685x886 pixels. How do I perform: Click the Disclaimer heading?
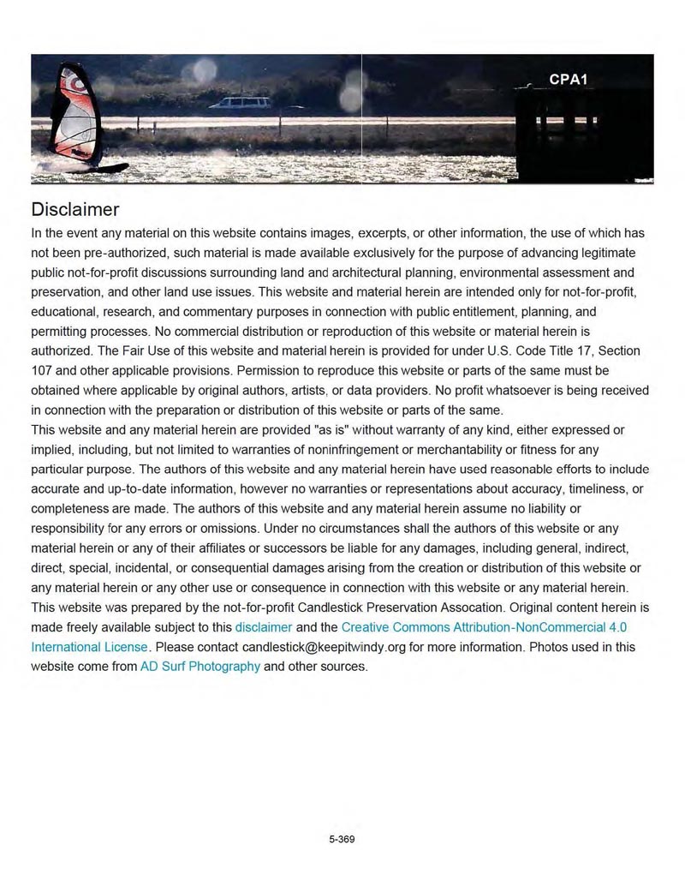[x=74, y=209]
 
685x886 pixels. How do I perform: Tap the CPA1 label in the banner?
[x=568, y=80]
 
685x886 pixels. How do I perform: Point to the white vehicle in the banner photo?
[x=240, y=104]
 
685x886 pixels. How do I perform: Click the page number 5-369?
[x=342, y=840]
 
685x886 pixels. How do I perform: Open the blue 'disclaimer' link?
[x=264, y=626]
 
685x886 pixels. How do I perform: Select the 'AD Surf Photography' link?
[x=200, y=666]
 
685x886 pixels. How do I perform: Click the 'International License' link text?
[x=90, y=646]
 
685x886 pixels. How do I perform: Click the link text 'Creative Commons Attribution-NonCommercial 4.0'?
[x=484, y=626]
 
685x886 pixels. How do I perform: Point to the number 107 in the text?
[x=42, y=370]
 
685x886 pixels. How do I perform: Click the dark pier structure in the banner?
[x=582, y=137]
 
